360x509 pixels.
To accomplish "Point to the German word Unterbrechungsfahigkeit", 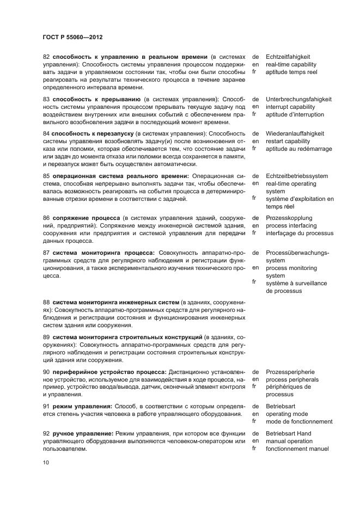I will (x=298, y=100).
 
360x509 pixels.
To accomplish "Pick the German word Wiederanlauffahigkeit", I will (x=295, y=133).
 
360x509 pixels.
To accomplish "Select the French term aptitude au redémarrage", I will (x=298, y=149).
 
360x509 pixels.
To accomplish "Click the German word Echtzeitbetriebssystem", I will (x=297, y=176).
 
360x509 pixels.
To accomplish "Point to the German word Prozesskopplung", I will (x=290, y=218).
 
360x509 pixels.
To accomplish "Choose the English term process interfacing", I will (x=292, y=225).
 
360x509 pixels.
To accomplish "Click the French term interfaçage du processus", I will (x=299, y=233).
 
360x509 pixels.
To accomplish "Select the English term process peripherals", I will (x=292, y=379).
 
